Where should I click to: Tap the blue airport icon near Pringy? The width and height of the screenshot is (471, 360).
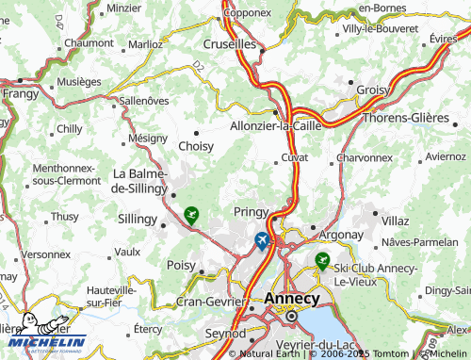[261, 240]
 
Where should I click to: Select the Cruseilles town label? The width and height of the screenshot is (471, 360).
[229, 43]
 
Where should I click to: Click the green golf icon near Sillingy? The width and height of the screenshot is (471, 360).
[192, 216]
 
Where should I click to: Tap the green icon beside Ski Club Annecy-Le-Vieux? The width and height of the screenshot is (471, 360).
[322, 260]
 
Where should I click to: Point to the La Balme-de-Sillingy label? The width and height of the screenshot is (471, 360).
[139, 181]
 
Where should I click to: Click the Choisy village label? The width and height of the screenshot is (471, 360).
[195, 146]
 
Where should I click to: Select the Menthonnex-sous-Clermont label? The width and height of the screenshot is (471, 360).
[64, 172]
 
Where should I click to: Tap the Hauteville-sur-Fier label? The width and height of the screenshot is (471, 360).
[110, 297]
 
